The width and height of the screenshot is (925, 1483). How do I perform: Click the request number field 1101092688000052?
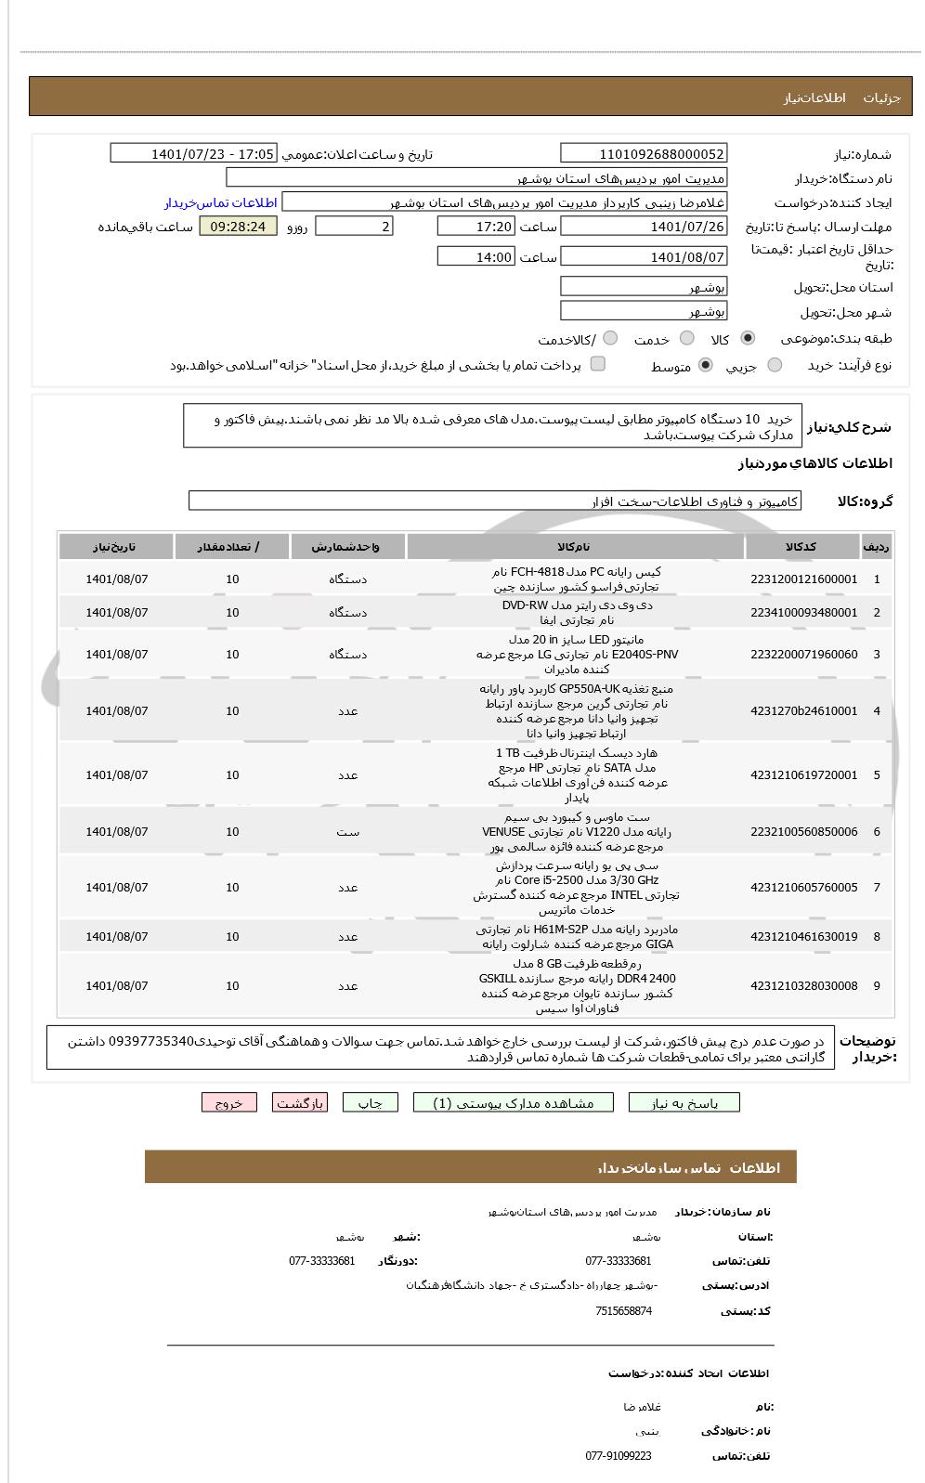[x=644, y=153]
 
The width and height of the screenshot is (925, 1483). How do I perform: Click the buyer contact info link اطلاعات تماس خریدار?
[x=221, y=202]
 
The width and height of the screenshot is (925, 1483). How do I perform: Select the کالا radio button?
[x=748, y=338]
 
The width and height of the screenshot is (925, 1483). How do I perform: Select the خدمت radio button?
[x=687, y=338]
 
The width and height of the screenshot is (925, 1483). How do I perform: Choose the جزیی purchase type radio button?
[x=775, y=365]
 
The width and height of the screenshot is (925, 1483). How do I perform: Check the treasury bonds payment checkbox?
[x=598, y=364]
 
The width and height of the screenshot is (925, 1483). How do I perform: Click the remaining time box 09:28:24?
[x=238, y=226]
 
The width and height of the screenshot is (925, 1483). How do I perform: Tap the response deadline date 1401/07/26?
[x=644, y=226]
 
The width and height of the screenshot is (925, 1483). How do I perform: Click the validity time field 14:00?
[x=476, y=256]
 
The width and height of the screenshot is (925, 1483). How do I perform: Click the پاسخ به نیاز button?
[x=684, y=1102]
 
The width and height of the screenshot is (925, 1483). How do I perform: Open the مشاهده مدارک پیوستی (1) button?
[x=513, y=1102]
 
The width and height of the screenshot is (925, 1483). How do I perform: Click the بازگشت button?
[x=300, y=1102]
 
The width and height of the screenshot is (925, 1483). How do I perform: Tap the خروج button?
[x=228, y=1102]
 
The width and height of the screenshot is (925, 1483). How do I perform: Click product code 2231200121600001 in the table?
[x=803, y=579]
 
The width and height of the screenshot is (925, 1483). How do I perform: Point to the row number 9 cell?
[x=876, y=985]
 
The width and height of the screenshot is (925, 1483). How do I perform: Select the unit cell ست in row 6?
[x=347, y=831]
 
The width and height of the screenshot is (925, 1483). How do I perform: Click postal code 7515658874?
[x=623, y=1310]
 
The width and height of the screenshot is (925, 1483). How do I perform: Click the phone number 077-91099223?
[x=619, y=1455]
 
